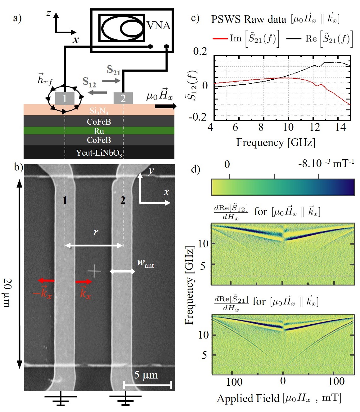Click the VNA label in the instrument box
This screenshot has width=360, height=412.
(159, 25)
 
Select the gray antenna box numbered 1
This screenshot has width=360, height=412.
(65, 98)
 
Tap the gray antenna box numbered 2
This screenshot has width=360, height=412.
(123, 98)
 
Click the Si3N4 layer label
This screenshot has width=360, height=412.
(99, 111)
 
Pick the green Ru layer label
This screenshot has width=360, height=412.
(99, 131)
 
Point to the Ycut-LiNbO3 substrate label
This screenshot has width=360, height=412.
(99, 153)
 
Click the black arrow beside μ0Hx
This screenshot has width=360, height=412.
(165, 106)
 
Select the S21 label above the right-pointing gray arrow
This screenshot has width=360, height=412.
(113, 70)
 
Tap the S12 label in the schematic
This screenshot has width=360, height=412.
(89, 82)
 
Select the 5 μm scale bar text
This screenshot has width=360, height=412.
(146, 375)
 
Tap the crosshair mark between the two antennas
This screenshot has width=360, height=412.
(94, 271)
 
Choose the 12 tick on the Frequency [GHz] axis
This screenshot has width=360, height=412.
(315, 127)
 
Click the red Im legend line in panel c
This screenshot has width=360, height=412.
(220, 38)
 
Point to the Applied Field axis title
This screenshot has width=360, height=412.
(279, 398)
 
